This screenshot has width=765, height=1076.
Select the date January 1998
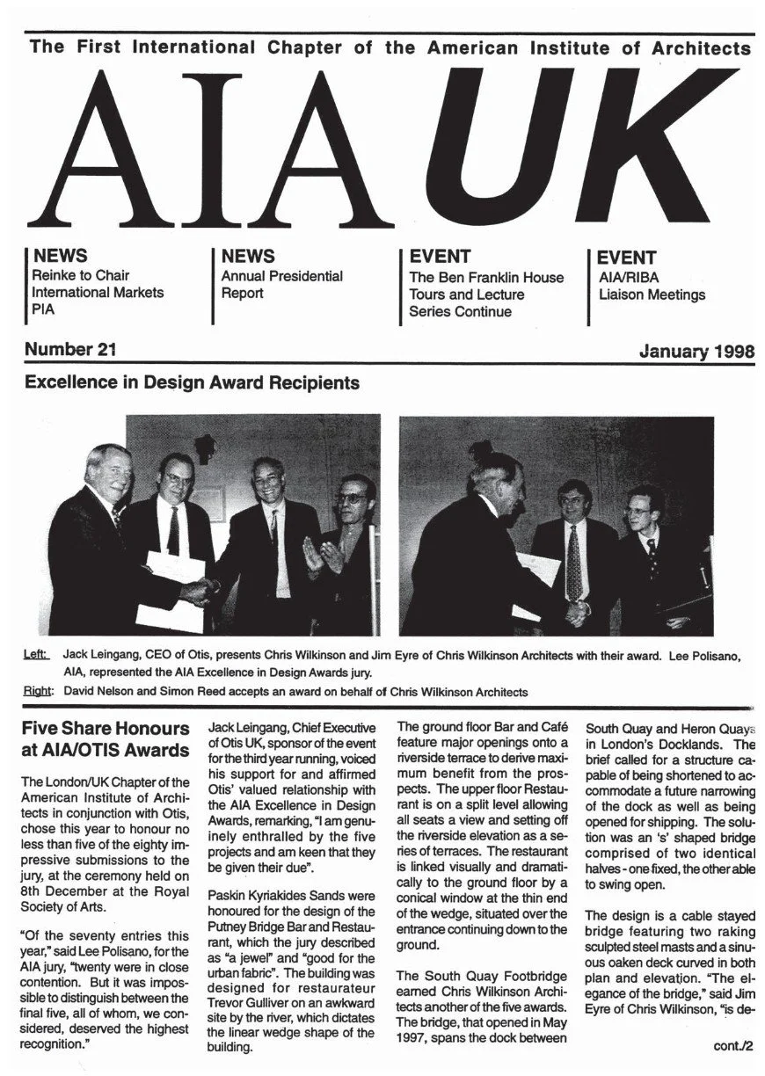696,352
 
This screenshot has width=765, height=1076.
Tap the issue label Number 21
70,350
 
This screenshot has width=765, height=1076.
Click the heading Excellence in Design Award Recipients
192,383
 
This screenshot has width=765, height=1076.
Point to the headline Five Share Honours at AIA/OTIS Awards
106,739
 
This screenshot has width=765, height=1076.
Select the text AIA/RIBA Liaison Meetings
651,286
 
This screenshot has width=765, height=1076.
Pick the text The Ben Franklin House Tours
485,286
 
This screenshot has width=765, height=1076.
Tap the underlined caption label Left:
37,655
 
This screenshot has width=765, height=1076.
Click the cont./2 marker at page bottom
732,1046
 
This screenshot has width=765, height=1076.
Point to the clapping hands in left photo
319,555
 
